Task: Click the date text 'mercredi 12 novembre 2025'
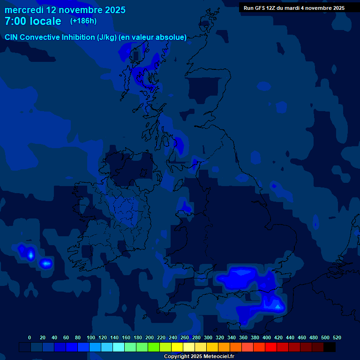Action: [65, 10]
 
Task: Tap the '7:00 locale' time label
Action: [33, 21]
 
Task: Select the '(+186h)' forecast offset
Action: [83, 21]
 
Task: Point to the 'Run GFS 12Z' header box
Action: [294, 8]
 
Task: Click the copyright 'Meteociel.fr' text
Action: [215, 357]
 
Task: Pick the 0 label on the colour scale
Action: [30, 337]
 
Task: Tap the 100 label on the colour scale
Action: [91, 337]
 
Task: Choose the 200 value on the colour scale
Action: [150, 337]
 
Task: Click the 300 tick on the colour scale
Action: [208, 337]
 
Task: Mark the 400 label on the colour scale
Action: [267, 337]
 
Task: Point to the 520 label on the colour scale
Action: [337, 337]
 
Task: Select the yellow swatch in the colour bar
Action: [177, 347]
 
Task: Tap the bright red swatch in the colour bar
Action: [271, 347]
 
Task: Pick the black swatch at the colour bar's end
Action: [330, 347]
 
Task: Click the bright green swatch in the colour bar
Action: [154, 347]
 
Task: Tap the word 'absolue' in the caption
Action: [172, 37]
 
